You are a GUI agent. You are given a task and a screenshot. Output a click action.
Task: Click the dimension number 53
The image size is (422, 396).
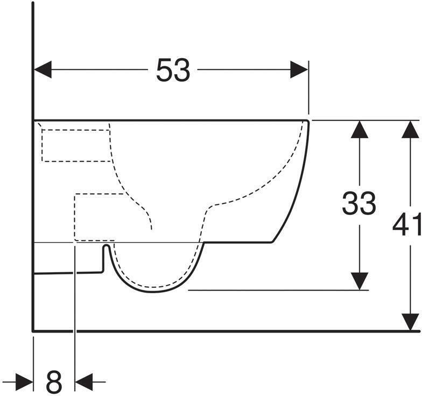point(173,70)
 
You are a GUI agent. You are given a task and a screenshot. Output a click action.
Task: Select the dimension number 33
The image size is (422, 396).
point(359,203)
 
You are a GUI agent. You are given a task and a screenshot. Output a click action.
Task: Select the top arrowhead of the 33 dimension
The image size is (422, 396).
point(359,130)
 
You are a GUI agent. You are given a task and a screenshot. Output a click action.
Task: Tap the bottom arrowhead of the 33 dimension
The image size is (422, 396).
point(359,281)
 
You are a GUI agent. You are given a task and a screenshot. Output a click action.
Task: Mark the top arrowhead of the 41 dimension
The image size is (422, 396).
point(412,130)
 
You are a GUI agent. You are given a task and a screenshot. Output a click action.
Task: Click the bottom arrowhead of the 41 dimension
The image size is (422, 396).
point(412,322)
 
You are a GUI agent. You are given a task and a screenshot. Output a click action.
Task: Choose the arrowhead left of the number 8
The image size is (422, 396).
point(25,383)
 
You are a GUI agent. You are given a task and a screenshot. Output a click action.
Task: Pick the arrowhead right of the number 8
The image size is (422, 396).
point(83,383)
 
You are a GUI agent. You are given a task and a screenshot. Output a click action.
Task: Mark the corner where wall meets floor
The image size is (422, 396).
point(33,330)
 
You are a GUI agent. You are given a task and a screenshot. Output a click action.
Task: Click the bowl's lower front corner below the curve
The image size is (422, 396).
point(271,242)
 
